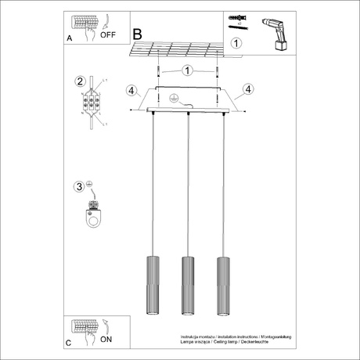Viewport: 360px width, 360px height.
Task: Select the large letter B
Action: [138, 35]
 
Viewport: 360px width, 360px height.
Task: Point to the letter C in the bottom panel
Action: [70, 342]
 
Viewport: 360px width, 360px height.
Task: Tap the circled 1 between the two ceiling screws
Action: [187, 70]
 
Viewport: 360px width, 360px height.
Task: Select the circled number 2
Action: [79, 81]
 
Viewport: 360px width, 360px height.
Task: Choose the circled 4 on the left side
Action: [131, 89]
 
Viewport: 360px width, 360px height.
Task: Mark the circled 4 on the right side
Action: [247, 89]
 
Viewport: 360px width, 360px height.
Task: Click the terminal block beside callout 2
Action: [93, 103]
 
